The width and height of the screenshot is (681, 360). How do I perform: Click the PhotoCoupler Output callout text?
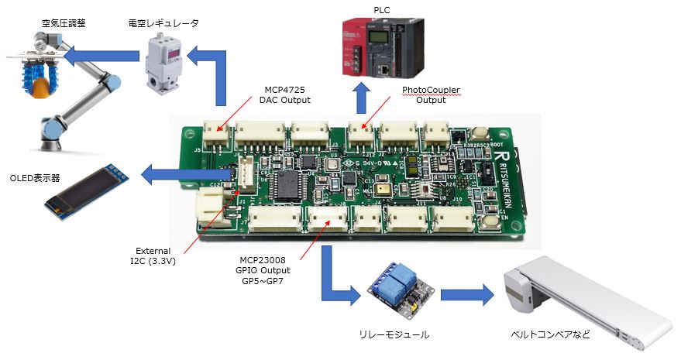pos(431,94)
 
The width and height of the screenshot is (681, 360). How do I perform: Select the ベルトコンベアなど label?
pos(552,334)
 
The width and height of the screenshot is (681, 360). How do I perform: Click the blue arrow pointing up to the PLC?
pos(359,98)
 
